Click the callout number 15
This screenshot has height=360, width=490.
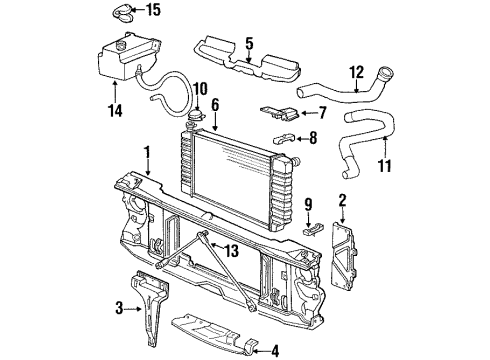coord(180,11)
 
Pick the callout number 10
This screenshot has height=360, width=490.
coord(199,88)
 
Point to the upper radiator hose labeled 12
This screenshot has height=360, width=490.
coord(340,100)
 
